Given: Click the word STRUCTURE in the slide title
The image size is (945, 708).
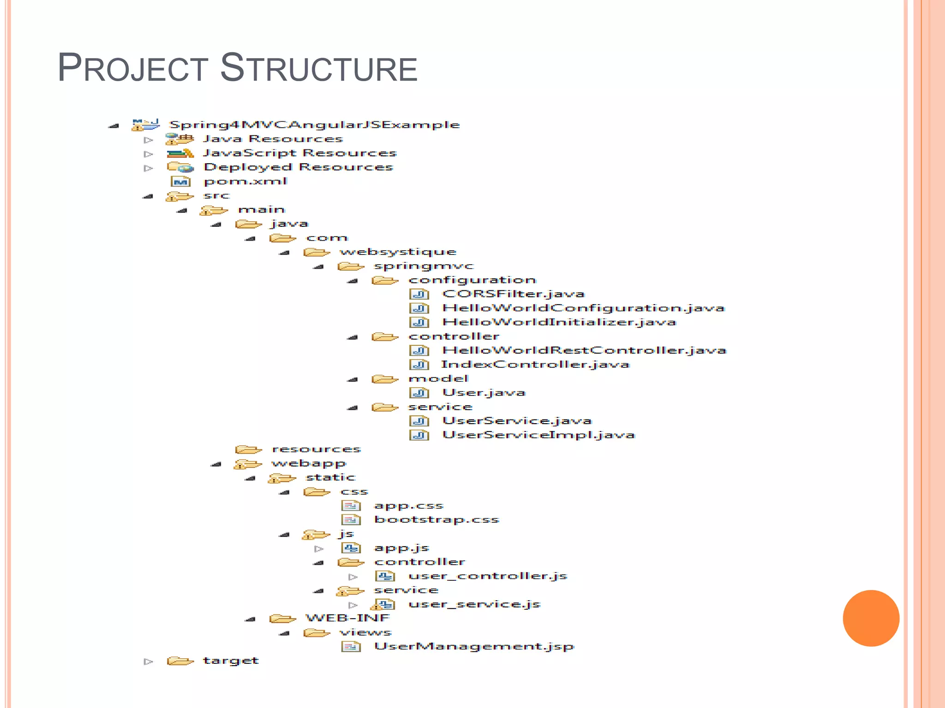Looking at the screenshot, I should pyautogui.click(x=318, y=68).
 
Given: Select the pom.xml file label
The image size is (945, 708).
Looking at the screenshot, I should pyautogui.click(x=245, y=181).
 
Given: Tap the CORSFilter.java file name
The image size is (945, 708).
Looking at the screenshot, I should pyautogui.click(x=513, y=294).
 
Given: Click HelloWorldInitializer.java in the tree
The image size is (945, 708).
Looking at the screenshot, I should pyautogui.click(x=559, y=322).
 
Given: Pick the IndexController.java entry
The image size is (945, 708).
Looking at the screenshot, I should pyautogui.click(x=535, y=365).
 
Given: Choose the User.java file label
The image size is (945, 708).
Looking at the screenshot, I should pyautogui.click(x=484, y=393).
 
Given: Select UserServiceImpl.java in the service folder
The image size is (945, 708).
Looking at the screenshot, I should pyautogui.click(x=538, y=435).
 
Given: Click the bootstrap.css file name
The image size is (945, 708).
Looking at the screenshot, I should pyautogui.click(x=437, y=520).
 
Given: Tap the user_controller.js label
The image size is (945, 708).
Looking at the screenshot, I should pyautogui.click(x=488, y=576).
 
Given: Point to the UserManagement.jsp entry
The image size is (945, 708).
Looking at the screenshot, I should pyautogui.click(x=474, y=647).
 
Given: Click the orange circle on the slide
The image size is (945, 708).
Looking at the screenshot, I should pyautogui.click(x=871, y=618).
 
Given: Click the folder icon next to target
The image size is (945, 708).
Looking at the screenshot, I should pyautogui.click(x=179, y=661).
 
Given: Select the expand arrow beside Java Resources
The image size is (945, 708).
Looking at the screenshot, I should pyautogui.click(x=148, y=140).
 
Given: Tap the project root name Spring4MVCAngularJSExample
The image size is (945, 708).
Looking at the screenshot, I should pyautogui.click(x=315, y=125).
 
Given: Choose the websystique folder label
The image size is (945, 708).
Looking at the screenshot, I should pyautogui.click(x=398, y=252).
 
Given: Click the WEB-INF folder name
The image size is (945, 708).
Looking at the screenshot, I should pyautogui.click(x=347, y=618).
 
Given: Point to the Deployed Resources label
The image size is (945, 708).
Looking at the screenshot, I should pyautogui.click(x=298, y=167).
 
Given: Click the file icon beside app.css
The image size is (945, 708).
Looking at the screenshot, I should pyautogui.click(x=351, y=506).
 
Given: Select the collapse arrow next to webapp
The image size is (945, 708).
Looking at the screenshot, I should pyautogui.click(x=216, y=464).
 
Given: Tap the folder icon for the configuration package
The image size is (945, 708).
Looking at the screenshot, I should pyautogui.click(x=385, y=280).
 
